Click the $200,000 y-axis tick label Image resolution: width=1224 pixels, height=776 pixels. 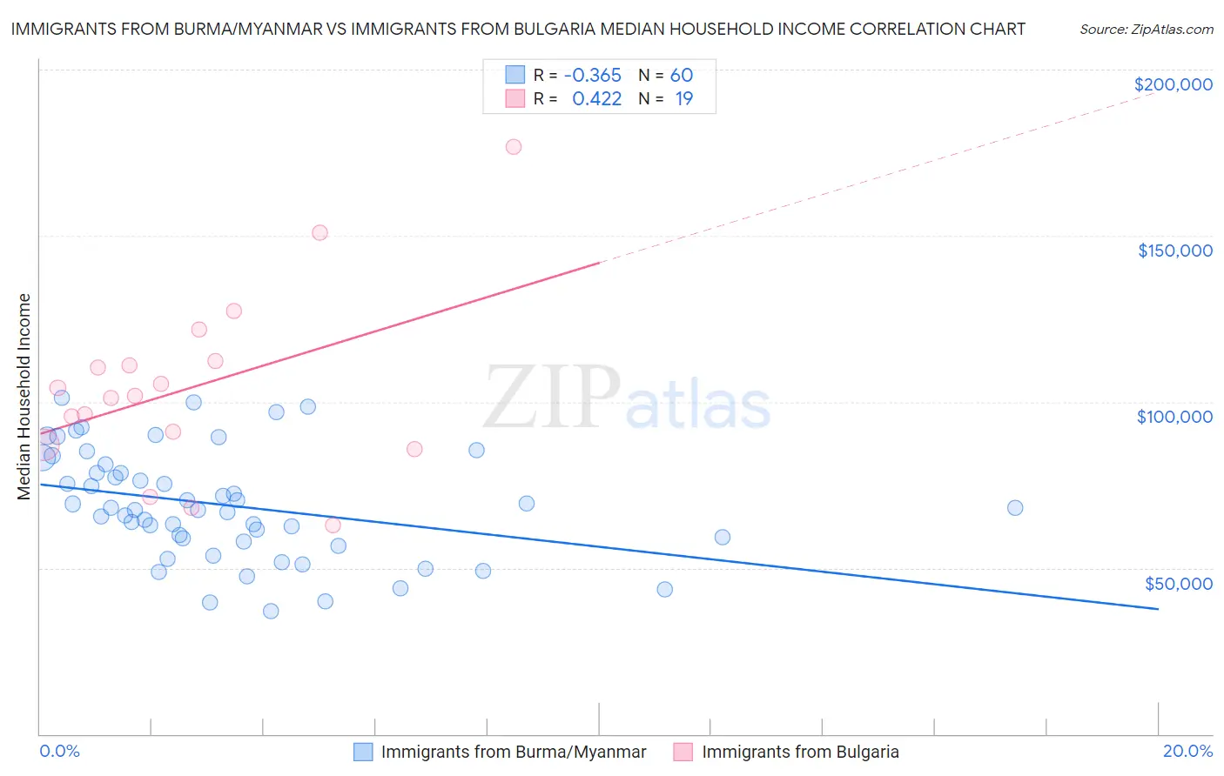pos(1173,84)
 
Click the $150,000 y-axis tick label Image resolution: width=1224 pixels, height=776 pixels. pos(1174,251)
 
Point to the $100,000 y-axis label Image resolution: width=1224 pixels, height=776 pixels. pos(1174,417)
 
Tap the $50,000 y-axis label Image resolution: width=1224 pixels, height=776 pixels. pos(1178,584)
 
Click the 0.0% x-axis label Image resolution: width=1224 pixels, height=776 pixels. pos(59,751)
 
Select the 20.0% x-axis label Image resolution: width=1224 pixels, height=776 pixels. pos(1187,751)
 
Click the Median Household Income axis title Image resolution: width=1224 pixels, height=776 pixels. pos(24,397)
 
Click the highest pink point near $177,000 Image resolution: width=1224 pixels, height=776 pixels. pos(514,147)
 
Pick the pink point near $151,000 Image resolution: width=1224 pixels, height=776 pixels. pos(319,232)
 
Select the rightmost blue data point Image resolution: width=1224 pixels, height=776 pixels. pos(1015,508)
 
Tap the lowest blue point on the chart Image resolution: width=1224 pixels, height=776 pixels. pos(271,611)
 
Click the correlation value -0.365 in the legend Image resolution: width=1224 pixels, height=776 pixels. pos(593,76)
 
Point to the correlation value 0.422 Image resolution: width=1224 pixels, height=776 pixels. pos(596,99)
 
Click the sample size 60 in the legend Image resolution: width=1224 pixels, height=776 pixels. pos(682,76)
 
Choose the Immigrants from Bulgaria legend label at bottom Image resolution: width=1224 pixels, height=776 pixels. pos(800,752)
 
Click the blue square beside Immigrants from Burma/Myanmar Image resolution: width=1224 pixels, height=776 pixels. pos(363,752)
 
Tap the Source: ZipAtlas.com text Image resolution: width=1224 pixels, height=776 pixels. pos(1146,30)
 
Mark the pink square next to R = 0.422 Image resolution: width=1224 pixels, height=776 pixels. pos(515,99)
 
